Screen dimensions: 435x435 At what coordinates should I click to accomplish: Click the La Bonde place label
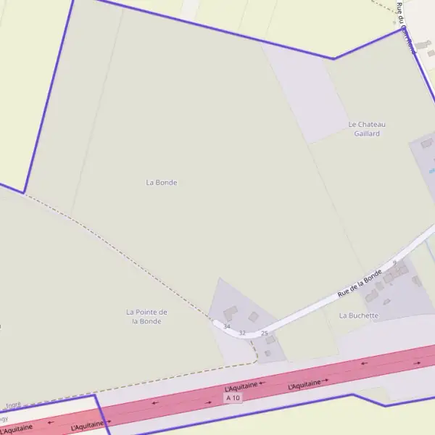pyautogui.click(x=161, y=183)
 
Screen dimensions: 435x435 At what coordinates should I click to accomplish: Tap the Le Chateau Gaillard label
pyautogui.click(x=367, y=128)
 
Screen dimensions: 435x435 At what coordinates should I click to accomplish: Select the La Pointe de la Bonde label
pyautogui.click(x=146, y=316)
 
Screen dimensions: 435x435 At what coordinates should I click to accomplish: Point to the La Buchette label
pyautogui.click(x=359, y=316)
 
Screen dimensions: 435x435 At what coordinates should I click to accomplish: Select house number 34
pyautogui.click(x=227, y=327)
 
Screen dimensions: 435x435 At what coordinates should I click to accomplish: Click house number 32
pyautogui.click(x=243, y=333)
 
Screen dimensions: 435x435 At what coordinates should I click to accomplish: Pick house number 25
pyautogui.click(x=265, y=333)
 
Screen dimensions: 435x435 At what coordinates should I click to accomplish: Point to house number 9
pyautogui.click(x=394, y=262)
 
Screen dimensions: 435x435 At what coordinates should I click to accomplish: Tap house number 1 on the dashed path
pyautogui.click(x=252, y=343)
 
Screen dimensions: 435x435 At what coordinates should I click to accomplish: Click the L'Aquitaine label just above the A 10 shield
pyautogui.click(x=241, y=389)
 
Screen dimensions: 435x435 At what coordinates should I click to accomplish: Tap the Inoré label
pyautogui.click(x=13, y=405)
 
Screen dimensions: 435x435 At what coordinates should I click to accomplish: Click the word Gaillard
pyautogui.click(x=367, y=133)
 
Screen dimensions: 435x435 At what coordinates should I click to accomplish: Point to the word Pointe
pyautogui.click(x=146, y=312)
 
